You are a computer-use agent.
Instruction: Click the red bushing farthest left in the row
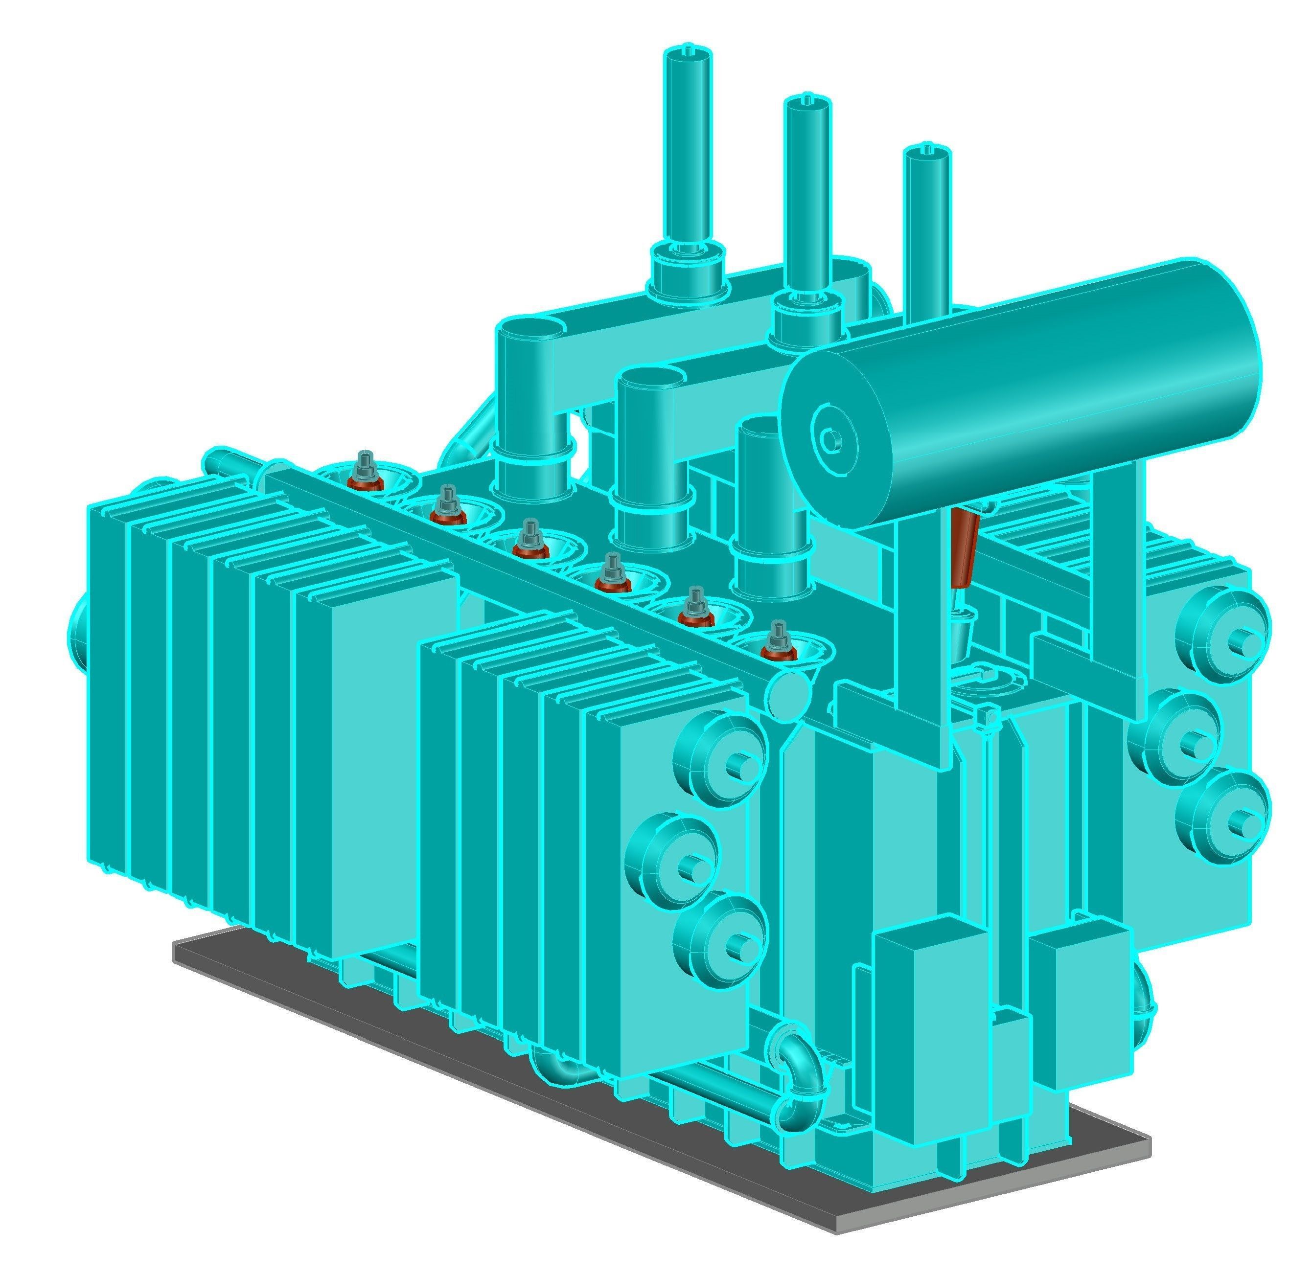366,475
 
